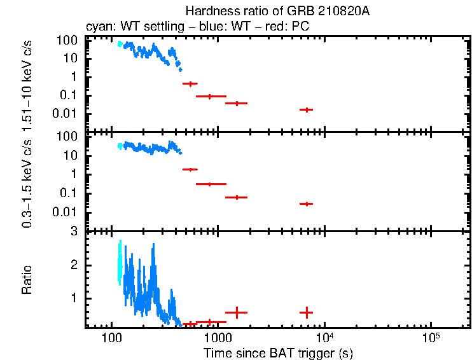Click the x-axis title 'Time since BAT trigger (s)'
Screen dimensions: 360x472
pos(278,352)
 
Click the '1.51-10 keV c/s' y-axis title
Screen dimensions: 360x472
pos(27,85)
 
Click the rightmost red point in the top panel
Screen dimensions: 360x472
pos(307,110)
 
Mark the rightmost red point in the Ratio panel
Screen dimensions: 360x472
pos(307,312)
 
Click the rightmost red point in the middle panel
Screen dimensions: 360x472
pos(307,204)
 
